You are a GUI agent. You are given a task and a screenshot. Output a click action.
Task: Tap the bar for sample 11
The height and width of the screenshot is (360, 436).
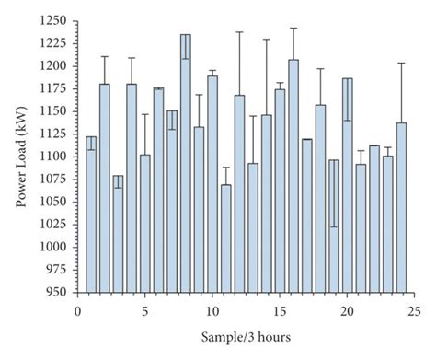click(x=226, y=238)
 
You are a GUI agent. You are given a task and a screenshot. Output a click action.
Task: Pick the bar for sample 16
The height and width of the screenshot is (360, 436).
click(x=293, y=176)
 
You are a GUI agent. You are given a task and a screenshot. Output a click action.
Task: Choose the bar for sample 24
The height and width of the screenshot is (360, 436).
click(x=401, y=207)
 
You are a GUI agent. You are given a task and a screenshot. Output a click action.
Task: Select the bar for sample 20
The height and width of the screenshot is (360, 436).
click(x=347, y=185)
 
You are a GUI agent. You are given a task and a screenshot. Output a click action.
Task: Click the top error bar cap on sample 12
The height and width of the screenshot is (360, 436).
click(x=239, y=32)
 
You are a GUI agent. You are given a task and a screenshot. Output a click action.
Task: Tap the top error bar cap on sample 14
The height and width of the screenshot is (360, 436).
click(x=267, y=40)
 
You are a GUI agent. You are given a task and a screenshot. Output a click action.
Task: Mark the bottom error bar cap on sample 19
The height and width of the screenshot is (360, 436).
click(x=334, y=226)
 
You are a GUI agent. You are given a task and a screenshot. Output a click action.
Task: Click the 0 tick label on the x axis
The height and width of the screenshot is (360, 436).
click(x=78, y=310)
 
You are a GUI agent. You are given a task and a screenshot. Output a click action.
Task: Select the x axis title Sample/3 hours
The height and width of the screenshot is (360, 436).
click(x=246, y=337)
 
